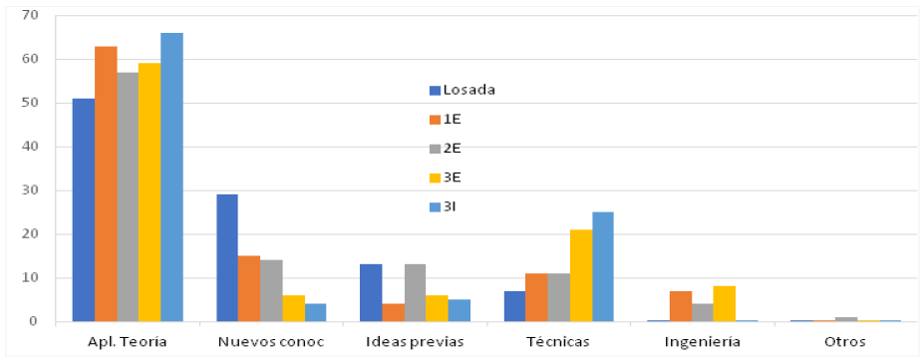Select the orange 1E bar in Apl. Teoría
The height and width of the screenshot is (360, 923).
pyautogui.click(x=106, y=183)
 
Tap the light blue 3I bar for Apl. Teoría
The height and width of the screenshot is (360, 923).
pyautogui.click(x=171, y=177)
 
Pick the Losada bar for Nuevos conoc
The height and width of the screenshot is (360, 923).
pyautogui.click(x=227, y=257)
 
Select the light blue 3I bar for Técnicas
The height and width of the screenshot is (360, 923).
pyautogui.click(x=603, y=266)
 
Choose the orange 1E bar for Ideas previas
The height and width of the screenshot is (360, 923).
pyautogui.click(x=393, y=312)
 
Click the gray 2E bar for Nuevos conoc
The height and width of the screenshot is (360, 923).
pyautogui.click(x=271, y=290)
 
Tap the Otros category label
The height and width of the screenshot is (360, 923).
pyautogui.click(x=845, y=342)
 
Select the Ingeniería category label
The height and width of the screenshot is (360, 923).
pyautogui.click(x=702, y=342)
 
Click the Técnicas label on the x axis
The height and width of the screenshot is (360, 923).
pyautogui.click(x=558, y=342)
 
